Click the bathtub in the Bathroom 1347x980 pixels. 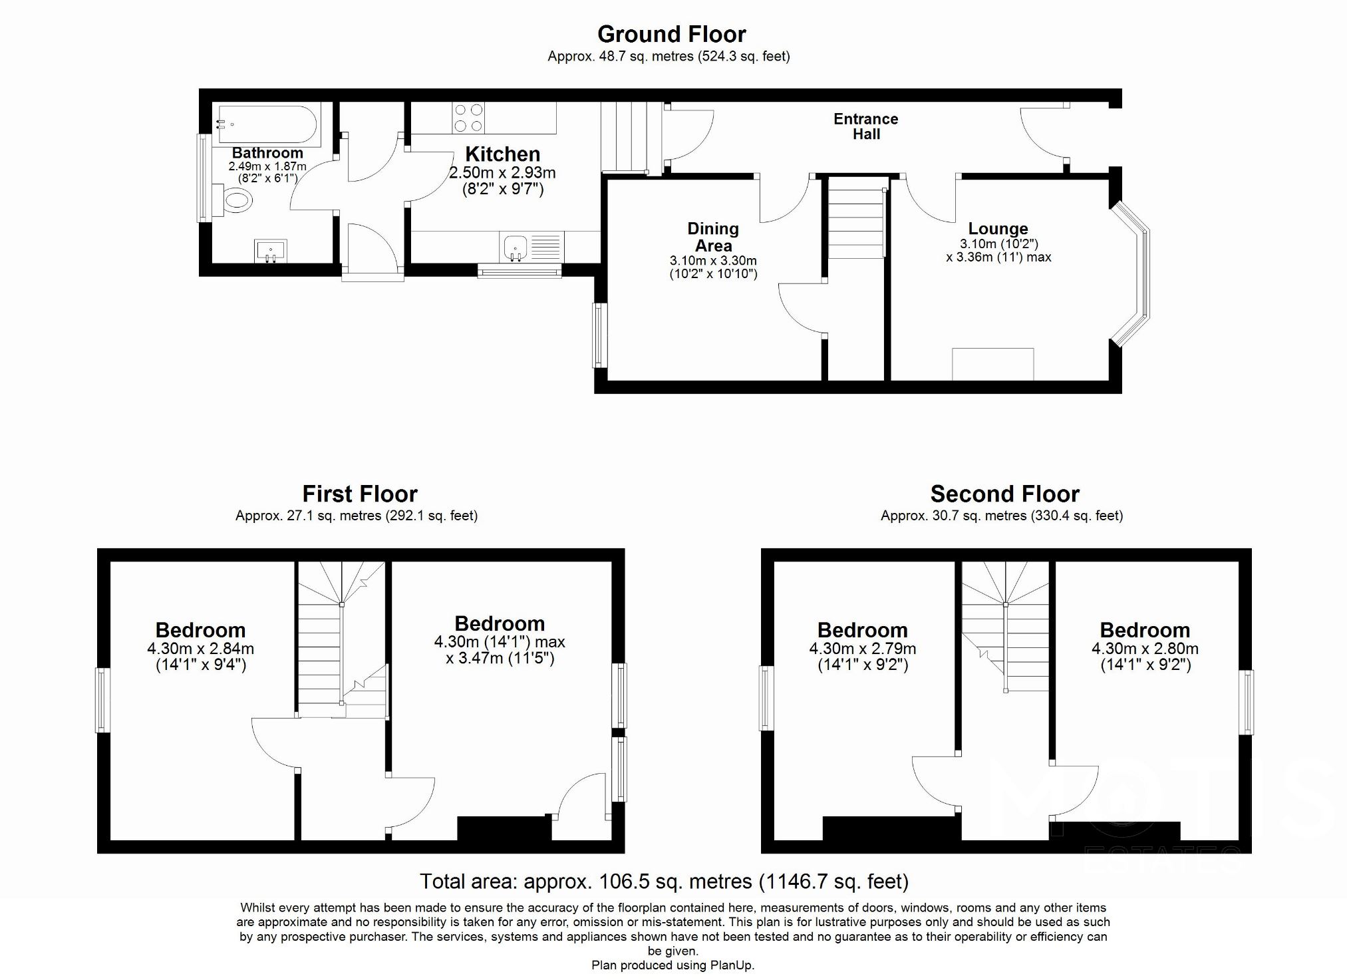(266, 124)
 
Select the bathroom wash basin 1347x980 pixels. (271, 251)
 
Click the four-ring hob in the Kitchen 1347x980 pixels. (468, 118)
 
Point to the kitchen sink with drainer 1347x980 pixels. (531, 247)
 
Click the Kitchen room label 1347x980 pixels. (502, 154)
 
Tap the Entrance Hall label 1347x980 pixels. (865, 126)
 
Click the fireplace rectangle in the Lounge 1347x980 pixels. (992, 364)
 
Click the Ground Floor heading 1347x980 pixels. (671, 34)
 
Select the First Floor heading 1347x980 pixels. (359, 494)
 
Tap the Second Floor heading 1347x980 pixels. (1004, 494)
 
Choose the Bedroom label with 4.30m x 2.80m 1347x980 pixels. (1144, 630)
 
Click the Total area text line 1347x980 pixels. (663, 882)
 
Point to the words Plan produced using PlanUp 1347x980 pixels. (673, 965)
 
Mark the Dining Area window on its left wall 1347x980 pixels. (600, 335)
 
